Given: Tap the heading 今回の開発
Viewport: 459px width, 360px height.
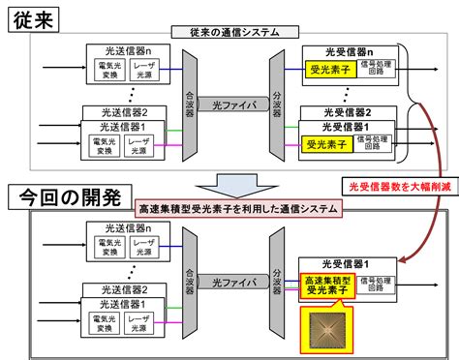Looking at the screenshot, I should pyautogui.click(x=65, y=199).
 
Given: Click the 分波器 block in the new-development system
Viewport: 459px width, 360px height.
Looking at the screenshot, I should pyautogui.click(x=276, y=281).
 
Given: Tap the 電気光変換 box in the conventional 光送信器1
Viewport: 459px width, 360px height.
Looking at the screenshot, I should pyautogui.click(x=104, y=145).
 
